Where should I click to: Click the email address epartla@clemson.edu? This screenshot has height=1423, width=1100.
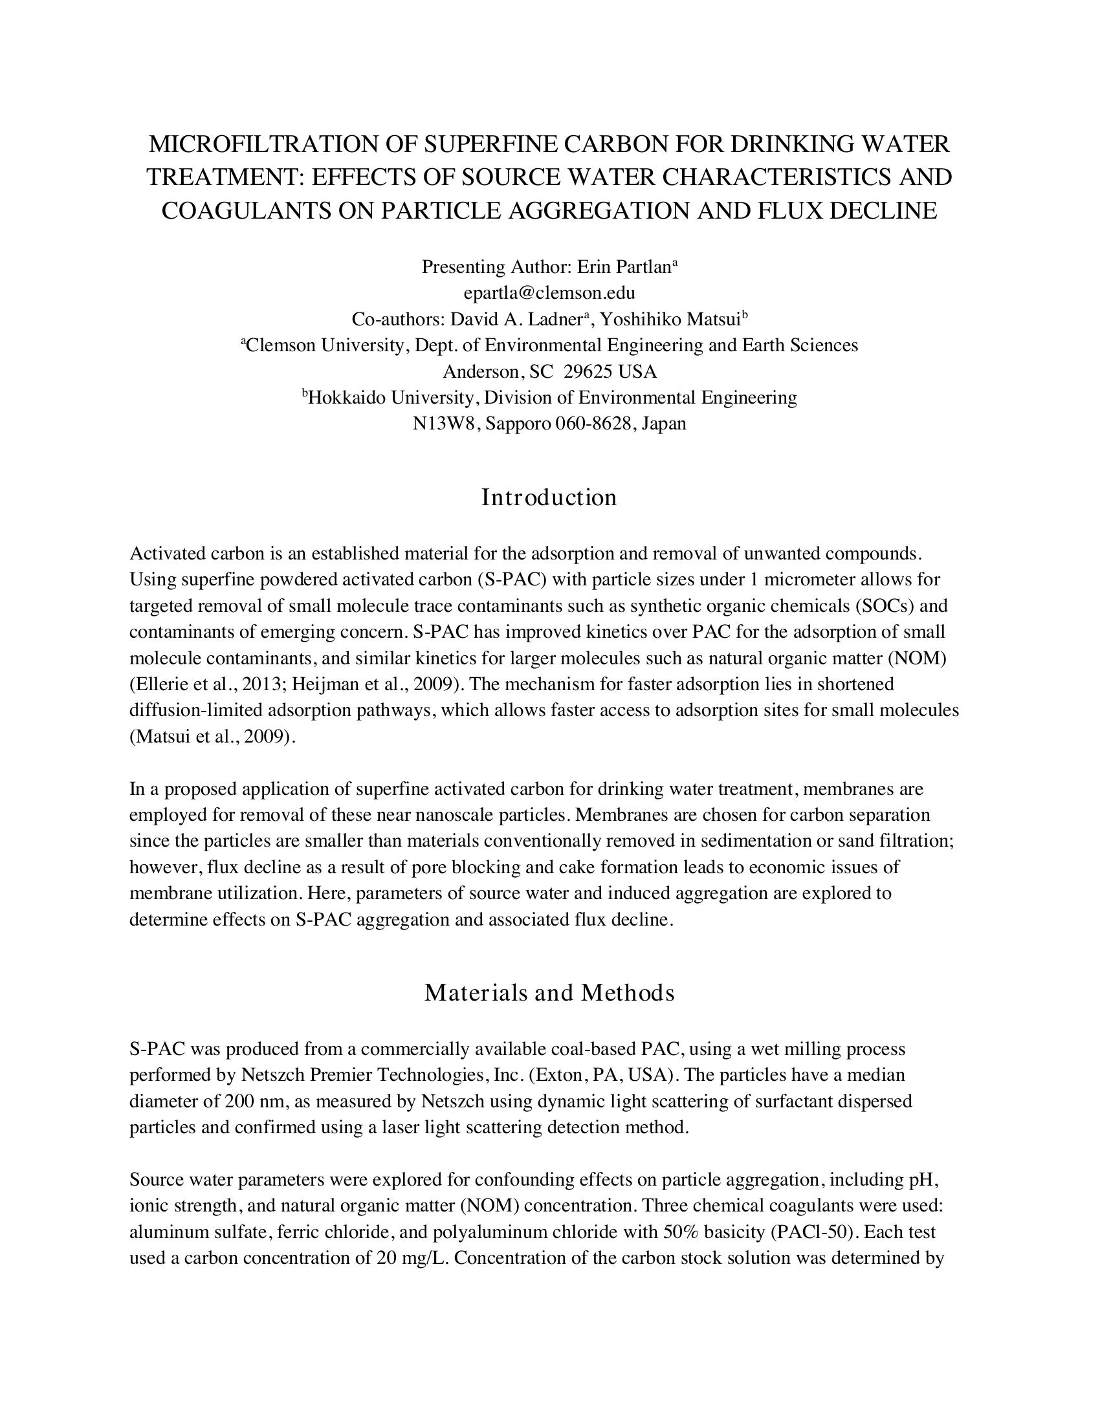coord(549,293)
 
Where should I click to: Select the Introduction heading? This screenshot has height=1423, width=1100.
coord(549,498)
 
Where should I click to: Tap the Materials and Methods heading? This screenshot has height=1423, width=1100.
coord(549,993)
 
